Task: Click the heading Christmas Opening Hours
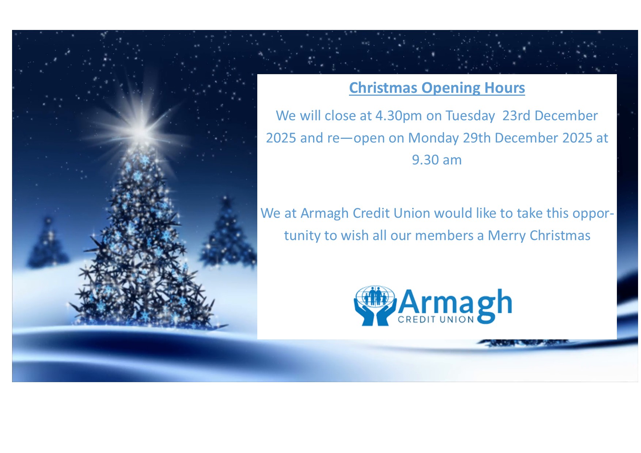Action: coord(437,88)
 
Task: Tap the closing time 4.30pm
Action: coord(399,116)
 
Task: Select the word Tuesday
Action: coord(470,116)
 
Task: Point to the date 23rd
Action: coord(516,116)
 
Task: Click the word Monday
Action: coord(433,138)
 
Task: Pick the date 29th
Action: coord(477,138)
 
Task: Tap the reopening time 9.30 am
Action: coord(437,160)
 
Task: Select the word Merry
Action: coord(507,236)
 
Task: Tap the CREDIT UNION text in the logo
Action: coord(436,320)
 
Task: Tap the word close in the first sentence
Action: coord(340,116)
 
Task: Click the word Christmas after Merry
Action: coord(560,236)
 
